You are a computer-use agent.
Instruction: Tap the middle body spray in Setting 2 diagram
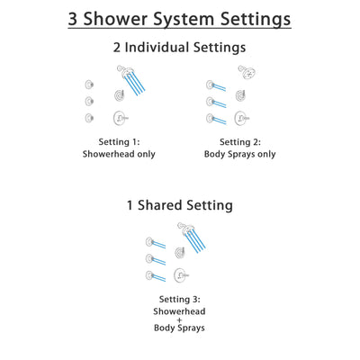tap(210, 101)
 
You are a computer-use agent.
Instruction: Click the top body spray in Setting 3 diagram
tap(149, 241)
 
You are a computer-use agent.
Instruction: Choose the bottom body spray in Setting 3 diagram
tap(149, 275)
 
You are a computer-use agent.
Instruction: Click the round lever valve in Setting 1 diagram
tap(119, 117)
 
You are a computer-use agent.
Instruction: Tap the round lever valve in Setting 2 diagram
tap(240, 117)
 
